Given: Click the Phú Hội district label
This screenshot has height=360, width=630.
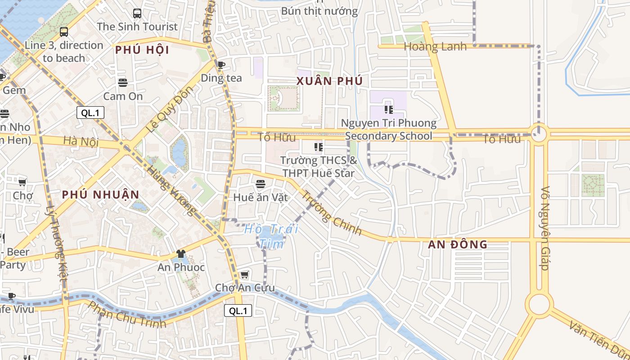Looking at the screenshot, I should (x=142, y=50).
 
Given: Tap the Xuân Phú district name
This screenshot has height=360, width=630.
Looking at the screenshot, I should (x=329, y=81).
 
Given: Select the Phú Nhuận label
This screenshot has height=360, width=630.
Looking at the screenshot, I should (x=101, y=194).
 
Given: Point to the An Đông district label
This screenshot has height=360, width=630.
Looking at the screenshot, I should (x=457, y=244).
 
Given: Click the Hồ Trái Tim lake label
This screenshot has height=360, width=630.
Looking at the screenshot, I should (x=271, y=236).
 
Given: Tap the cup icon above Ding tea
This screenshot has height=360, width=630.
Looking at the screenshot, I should (x=221, y=65).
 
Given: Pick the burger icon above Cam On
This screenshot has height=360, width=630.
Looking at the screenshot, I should (x=123, y=82).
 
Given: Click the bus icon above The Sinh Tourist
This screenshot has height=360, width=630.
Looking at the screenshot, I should (x=137, y=13).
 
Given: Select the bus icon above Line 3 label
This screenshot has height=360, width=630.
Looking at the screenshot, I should (x=64, y=31).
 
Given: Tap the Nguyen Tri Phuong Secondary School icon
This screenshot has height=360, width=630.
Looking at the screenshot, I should (x=389, y=109).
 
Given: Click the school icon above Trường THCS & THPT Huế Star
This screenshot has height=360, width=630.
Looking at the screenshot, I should (x=319, y=147).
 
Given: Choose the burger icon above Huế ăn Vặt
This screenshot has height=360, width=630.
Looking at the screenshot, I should (x=261, y=184).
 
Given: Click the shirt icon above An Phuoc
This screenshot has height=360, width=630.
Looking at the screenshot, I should (x=181, y=254).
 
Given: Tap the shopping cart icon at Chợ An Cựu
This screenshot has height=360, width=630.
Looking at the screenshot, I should (x=244, y=274).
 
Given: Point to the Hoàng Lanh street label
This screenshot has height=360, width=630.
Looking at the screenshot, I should (x=435, y=47).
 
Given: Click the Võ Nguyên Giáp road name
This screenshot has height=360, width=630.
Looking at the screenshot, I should (x=545, y=228).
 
